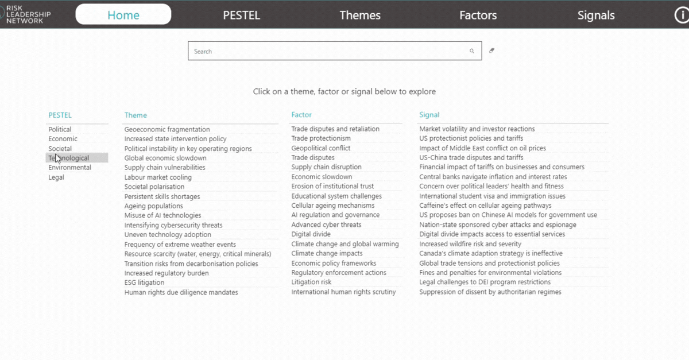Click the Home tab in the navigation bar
[123, 15]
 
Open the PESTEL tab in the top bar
[241, 16]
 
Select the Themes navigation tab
[360, 16]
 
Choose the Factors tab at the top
[478, 16]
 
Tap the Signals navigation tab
[596, 16]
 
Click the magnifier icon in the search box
[472, 51]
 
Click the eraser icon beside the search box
[491, 51]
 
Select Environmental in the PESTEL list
[69, 168]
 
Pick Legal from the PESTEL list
[56, 177]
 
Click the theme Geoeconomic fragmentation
[167, 129]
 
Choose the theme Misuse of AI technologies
[162, 215]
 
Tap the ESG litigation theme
[144, 282]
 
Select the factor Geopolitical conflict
[320, 148]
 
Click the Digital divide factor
[311, 234]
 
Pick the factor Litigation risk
[311, 282]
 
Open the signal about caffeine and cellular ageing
[485, 206]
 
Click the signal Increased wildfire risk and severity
[470, 244]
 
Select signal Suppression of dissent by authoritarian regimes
[490, 292]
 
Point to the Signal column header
[429, 115]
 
